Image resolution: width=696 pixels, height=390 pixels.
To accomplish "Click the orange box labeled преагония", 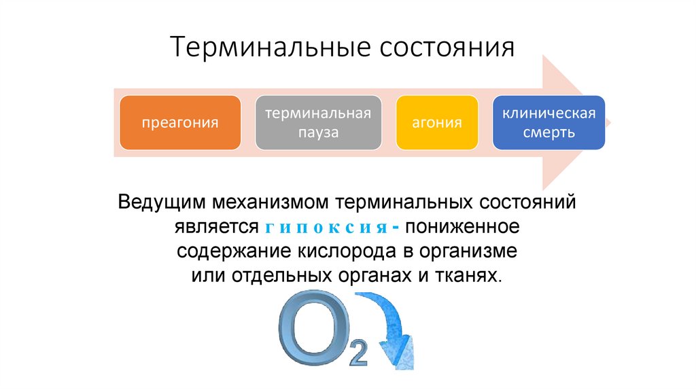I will click(x=180, y=123).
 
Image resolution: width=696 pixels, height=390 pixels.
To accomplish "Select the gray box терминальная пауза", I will click(x=318, y=123).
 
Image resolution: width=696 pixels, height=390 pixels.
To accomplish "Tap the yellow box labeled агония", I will click(x=436, y=123).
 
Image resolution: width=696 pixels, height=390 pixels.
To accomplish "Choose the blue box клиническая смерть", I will click(x=549, y=122).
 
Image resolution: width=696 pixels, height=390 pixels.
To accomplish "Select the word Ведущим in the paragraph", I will click(x=161, y=202).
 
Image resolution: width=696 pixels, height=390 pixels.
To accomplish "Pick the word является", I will click(x=217, y=226).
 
